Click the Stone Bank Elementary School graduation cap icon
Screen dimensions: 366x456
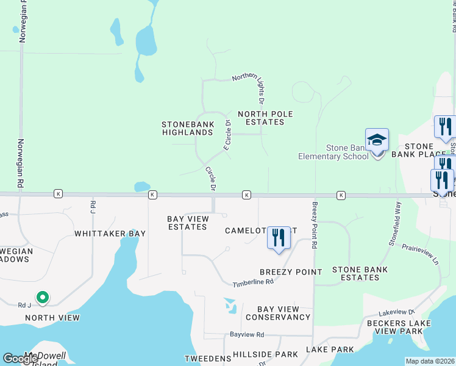(377, 141)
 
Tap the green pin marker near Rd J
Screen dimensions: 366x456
(42, 298)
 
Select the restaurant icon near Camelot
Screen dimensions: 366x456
(279, 239)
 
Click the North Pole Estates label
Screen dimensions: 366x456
(261, 118)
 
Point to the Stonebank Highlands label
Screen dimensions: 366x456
(188, 128)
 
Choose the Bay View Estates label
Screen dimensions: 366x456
(187, 223)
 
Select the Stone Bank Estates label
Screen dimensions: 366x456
(360, 273)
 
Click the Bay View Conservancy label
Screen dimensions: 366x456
(278, 313)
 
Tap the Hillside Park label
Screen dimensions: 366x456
(265, 354)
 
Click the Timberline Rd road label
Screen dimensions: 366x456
(253, 282)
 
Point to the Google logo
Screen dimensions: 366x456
(21, 359)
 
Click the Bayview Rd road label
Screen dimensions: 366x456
(247, 335)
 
